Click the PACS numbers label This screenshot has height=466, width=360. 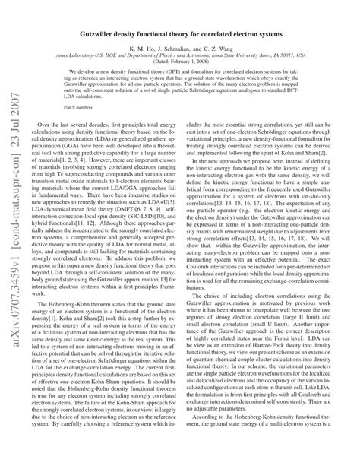[x=79, y=134]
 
